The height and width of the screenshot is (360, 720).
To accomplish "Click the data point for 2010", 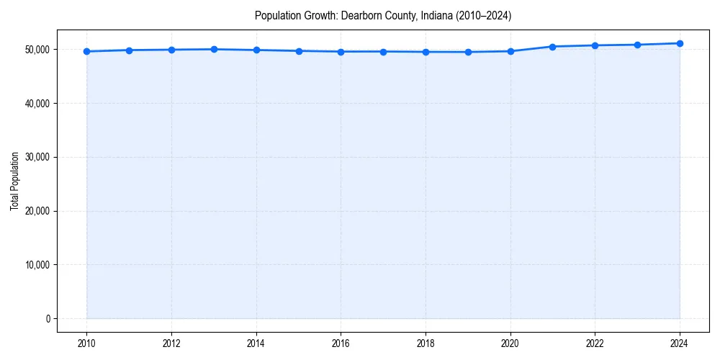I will tap(86, 51).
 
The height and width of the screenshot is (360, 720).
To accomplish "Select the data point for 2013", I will tap(214, 49).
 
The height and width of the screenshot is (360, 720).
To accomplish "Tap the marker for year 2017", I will tap(383, 51).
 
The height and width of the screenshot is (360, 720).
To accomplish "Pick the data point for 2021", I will tap(552, 47).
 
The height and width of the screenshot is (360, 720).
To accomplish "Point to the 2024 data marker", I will tap(680, 43).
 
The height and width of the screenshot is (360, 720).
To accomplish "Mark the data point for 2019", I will tap(468, 52).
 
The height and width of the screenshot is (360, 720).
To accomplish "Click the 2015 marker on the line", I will tap(299, 50).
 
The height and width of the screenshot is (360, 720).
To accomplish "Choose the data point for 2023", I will tap(637, 45).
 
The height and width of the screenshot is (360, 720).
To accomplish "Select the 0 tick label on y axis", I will tap(48, 319).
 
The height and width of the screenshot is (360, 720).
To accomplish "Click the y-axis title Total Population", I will tap(14, 181).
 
